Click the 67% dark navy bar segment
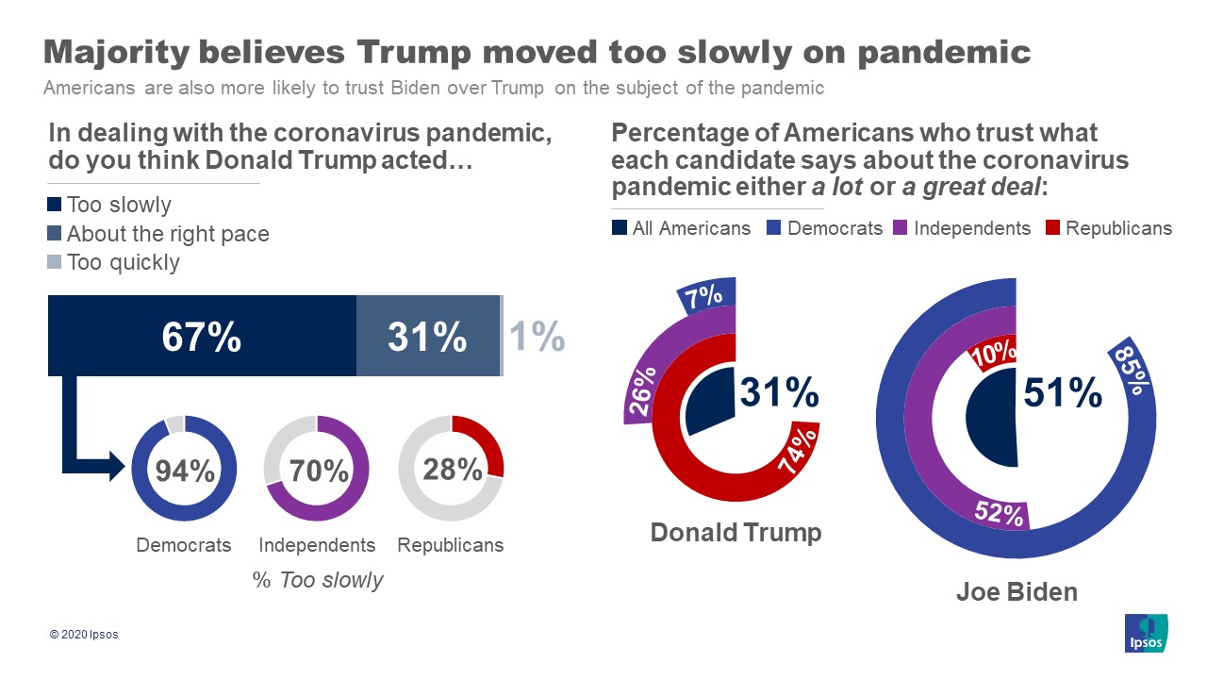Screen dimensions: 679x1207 (202, 336)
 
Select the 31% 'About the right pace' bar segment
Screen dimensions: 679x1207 (427, 336)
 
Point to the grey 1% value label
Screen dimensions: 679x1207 (537, 336)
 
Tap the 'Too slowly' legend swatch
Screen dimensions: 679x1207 (55, 205)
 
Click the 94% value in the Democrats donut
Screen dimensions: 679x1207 (186, 471)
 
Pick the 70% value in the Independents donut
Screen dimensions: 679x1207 (321, 471)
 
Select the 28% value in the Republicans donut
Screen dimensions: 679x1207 (454, 469)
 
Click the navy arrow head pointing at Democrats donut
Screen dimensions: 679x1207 (117, 465)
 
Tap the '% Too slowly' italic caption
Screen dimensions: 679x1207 (318, 580)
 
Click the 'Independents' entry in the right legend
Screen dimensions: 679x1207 (963, 228)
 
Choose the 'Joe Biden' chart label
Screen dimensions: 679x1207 (1017, 592)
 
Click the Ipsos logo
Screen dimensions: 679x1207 (1147, 633)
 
